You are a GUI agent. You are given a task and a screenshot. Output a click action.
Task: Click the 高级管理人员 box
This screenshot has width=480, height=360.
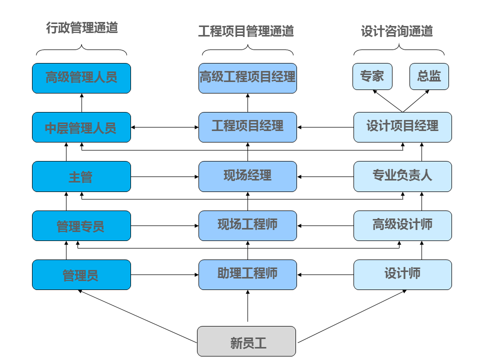[x=81, y=78]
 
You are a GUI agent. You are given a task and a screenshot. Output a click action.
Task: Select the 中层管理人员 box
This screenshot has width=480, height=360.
[x=81, y=127]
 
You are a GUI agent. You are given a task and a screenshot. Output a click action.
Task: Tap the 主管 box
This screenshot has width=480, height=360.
[x=81, y=176]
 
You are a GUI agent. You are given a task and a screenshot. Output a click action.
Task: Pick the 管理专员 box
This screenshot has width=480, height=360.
[x=81, y=225]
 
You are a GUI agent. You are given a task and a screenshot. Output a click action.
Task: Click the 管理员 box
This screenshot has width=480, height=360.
[x=81, y=274]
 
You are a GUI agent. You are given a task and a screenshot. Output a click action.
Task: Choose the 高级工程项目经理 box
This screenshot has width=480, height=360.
[x=247, y=78]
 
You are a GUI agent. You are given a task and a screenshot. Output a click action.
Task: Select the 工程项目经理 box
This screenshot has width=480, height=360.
[x=247, y=127]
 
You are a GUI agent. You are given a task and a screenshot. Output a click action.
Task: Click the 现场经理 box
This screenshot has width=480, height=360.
[x=247, y=176]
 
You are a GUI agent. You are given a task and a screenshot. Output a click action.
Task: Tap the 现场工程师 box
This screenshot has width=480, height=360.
[x=247, y=225]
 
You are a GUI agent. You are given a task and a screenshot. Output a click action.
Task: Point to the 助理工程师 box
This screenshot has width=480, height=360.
[x=247, y=274]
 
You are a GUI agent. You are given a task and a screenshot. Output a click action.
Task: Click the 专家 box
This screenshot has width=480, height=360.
[x=372, y=76]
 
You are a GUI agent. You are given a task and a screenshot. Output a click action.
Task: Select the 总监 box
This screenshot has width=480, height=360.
[x=429, y=76]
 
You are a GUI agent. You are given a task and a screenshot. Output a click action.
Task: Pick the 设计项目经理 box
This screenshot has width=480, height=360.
[x=402, y=127]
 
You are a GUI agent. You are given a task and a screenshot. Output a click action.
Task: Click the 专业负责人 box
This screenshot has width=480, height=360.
[x=402, y=176]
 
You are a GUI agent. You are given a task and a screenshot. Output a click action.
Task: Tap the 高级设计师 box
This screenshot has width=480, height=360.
[x=402, y=225]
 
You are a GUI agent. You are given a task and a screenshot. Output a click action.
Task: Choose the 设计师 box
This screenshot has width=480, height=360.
[x=402, y=274]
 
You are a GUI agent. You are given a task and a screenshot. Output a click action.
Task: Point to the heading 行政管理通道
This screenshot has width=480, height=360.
[x=81, y=28]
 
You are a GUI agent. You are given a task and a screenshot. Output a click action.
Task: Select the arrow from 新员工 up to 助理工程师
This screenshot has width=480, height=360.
[x=247, y=307]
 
